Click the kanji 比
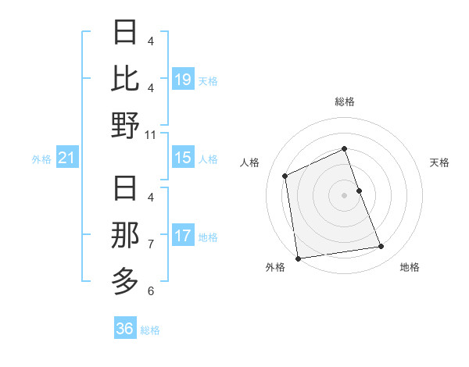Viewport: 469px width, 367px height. click(126, 79)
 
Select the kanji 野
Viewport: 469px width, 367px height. click(126, 125)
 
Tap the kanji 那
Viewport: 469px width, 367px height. click(126, 235)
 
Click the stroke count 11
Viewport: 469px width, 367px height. click(152, 134)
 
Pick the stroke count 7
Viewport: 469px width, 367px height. click(151, 244)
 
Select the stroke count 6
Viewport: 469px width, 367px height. click(151, 290)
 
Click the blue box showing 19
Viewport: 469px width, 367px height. click(183, 80)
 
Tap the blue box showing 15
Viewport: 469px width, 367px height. click(183, 158)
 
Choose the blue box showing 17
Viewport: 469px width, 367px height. click(183, 236)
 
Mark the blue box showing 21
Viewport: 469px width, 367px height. click(67, 159)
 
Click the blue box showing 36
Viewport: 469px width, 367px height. click(125, 329)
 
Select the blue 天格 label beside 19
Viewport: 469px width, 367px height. click(208, 80)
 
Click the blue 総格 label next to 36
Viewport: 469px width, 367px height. click(150, 330)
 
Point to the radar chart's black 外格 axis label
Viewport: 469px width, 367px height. click(275, 267)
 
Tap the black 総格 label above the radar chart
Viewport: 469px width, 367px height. click(344, 102)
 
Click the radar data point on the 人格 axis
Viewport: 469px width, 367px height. click(285, 176)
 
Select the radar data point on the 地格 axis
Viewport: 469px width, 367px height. click(381, 247)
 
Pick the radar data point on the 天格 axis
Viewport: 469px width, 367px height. click(359, 191)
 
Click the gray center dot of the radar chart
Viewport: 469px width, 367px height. click(344, 195)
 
